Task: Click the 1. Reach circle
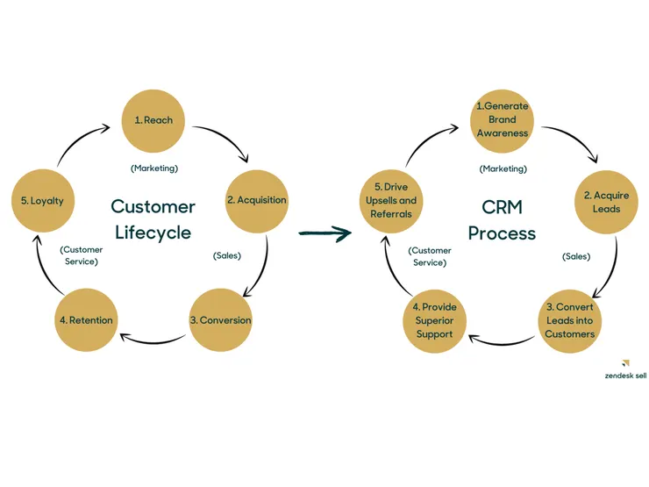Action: point(153,120)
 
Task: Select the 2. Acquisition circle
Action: point(257,200)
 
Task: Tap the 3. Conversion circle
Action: point(220,320)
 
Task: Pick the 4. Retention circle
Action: point(85,320)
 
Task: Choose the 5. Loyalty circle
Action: point(42,201)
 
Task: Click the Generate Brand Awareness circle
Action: point(503,120)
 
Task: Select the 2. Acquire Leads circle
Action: point(607,202)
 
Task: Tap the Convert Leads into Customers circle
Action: point(569,320)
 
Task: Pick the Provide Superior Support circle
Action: point(435,320)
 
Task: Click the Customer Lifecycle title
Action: point(153,220)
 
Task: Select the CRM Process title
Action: point(502,220)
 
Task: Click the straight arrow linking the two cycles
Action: point(324,233)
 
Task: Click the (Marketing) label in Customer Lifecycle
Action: point(154,168)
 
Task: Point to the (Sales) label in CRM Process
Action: point(575,257)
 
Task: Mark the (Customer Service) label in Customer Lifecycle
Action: point(82,255)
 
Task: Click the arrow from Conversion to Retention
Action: point(153,338)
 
